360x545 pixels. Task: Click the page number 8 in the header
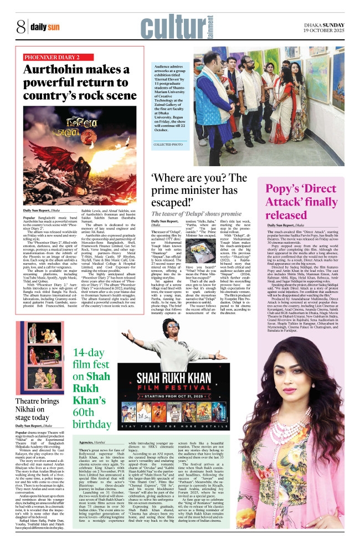click(x=21, y=27)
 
